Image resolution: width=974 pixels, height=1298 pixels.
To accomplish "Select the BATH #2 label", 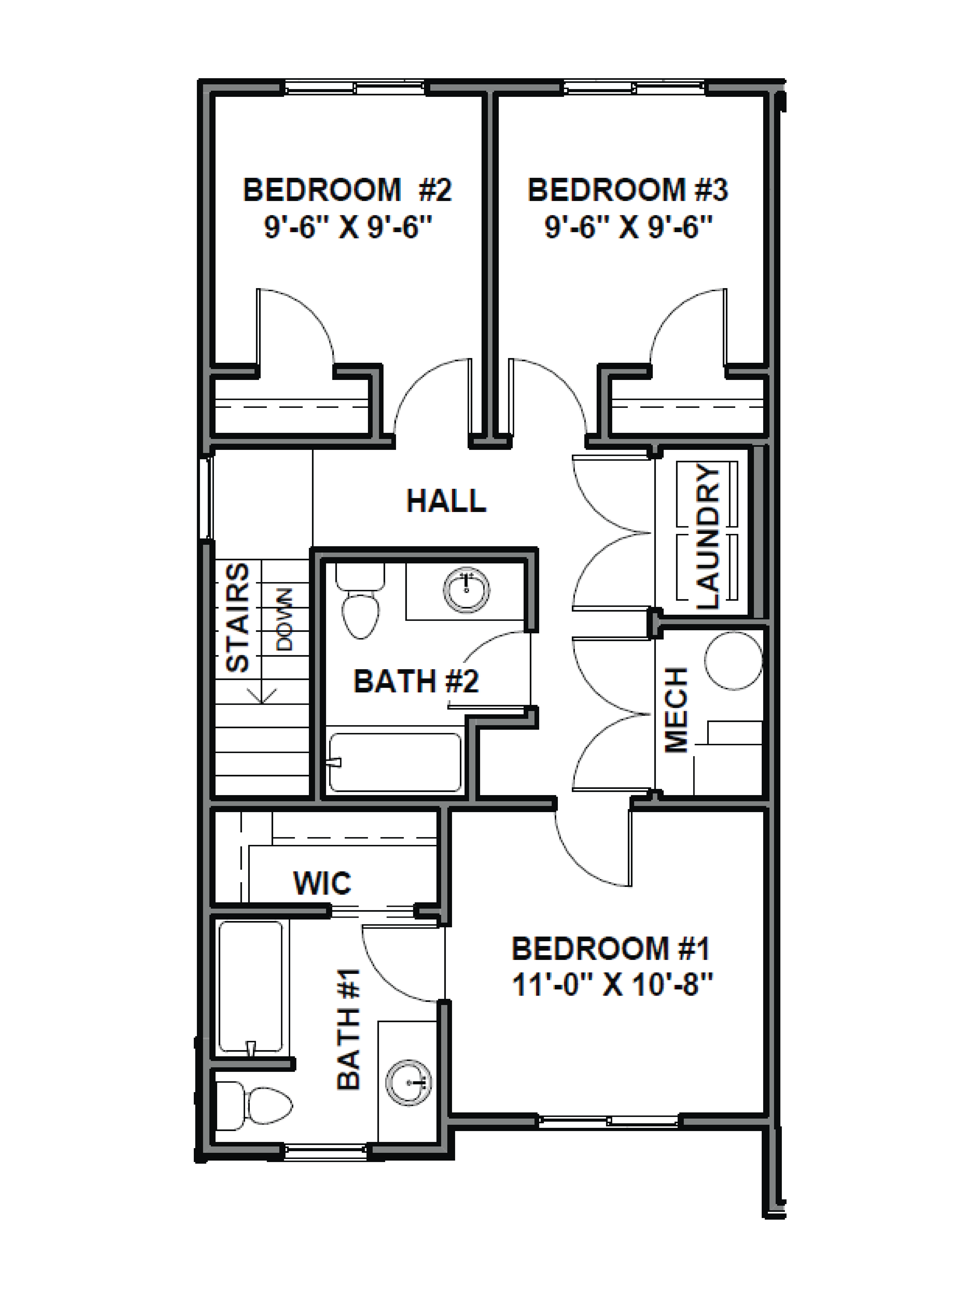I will coord(416,681).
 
